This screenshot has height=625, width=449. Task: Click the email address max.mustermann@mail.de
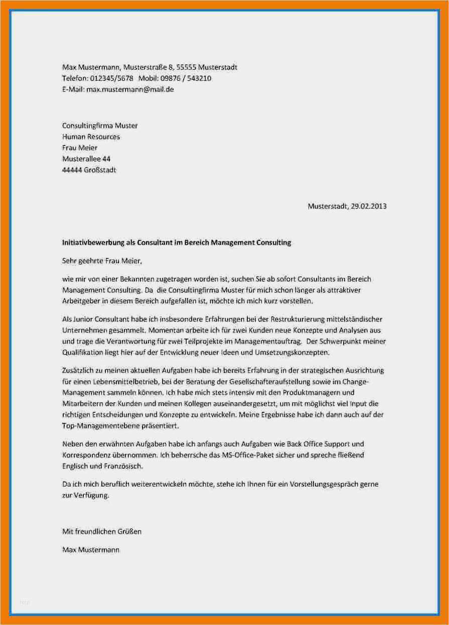click(130, 90)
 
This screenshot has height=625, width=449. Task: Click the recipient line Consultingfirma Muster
click(100, 125)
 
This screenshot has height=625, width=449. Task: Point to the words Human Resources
click(91, 136)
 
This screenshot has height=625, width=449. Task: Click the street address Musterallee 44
click(86, 159)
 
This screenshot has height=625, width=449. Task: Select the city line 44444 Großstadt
click(89, 170)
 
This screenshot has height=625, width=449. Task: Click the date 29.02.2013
click(369, 206)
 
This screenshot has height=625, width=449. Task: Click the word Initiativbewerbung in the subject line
click(90, 243)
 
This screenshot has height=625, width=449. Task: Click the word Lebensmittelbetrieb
click(118, 381)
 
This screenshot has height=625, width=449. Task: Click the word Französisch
click(123, 466)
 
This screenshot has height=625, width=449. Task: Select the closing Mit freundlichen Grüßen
click(102, 531)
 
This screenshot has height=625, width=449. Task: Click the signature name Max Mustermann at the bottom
click(91, 550)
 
